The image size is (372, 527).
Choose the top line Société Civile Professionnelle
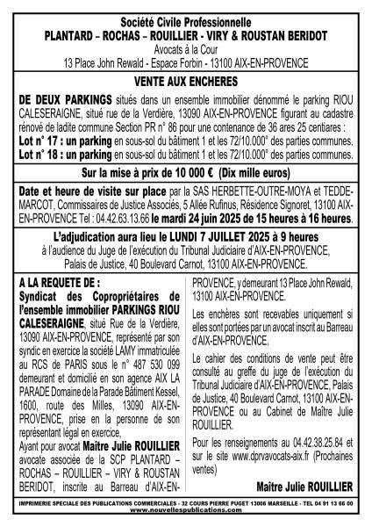point(186,16)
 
